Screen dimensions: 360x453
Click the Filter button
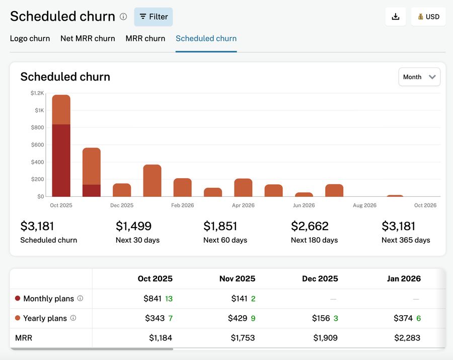(154, 17)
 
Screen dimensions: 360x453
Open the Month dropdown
(419, 77)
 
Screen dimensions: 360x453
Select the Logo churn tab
(30, 38)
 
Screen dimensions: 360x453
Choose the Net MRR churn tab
(88, 38)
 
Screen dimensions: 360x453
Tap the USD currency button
(428, 17)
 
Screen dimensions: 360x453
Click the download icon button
(396, 17)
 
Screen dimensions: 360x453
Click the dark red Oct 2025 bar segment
(61, 160)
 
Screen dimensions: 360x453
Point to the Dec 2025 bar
(122, 190)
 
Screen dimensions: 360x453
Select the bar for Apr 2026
(243, 188)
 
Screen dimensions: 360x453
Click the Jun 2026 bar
(304, 194)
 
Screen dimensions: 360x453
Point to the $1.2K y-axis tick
(37, 93)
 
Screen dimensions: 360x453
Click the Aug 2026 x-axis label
(364, 205)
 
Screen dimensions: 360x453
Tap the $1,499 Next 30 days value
(133, 226)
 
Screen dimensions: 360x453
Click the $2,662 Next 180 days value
(310, 226)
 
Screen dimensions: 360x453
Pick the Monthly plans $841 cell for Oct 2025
(153, 299)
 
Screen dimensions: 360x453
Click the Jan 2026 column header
(404, 278)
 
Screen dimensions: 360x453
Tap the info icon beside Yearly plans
(73, 318)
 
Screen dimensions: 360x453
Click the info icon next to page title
(123, 17)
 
